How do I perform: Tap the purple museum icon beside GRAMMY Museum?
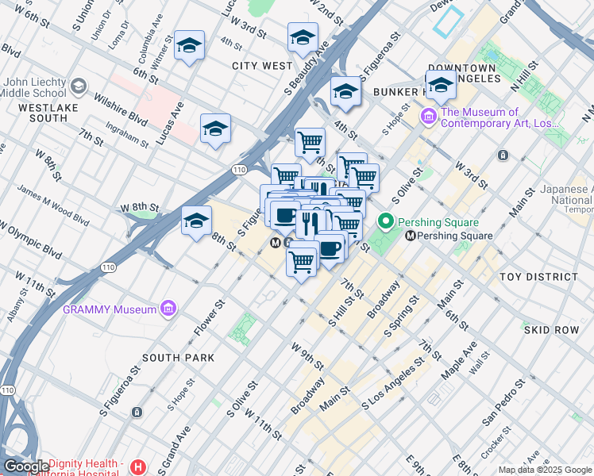point(168,308)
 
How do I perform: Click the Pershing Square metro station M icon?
point(411,236)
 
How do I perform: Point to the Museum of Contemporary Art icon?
point(430,117)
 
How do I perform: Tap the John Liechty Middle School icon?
point(79,86)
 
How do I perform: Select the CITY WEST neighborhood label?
point(262,66)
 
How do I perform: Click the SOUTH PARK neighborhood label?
point(178,358)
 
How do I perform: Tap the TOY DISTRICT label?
point(538,277)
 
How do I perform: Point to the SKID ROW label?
point(551,329)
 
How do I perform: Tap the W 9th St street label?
point(307,356)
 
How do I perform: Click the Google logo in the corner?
point(26,466)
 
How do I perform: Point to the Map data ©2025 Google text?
point(545,470)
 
